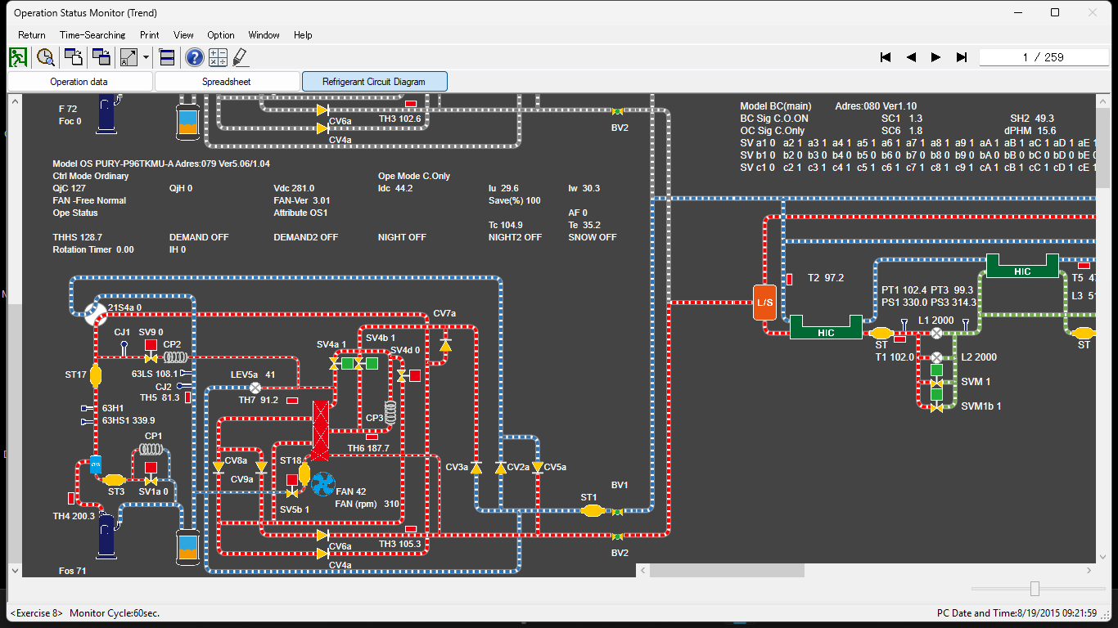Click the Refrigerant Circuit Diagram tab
tap(374, 82)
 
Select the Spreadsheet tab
tap(227, 82)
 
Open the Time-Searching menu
tap(92, 35)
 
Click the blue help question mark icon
tap(194, 57)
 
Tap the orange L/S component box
tap(764, 303)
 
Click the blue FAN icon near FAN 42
tap(322, 484)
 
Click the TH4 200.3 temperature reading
tap(74, 517)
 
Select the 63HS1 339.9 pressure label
tap(128, 420)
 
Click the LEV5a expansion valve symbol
tap(255, 388)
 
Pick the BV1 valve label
tap(620, 485)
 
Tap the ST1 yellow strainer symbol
tap(591, 510)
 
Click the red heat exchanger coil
tap(319, 429)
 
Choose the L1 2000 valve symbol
tap(936, 333)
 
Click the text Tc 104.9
tap(505, 225)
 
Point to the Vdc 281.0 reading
tap(294, 188)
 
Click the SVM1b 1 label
tap(981, 406)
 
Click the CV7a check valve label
tap(444, 314)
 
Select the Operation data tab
tap(79, 82)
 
